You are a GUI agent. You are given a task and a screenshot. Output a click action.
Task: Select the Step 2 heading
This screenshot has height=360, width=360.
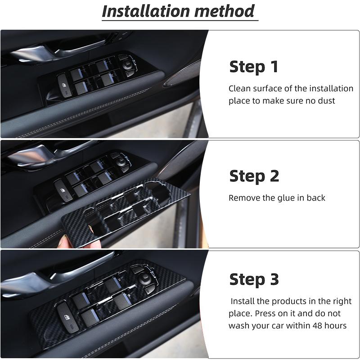point(254,176)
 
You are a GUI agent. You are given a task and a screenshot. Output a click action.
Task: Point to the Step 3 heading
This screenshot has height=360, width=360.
point(254,279)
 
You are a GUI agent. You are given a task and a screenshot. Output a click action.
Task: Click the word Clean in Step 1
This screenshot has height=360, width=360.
point(240,89)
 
